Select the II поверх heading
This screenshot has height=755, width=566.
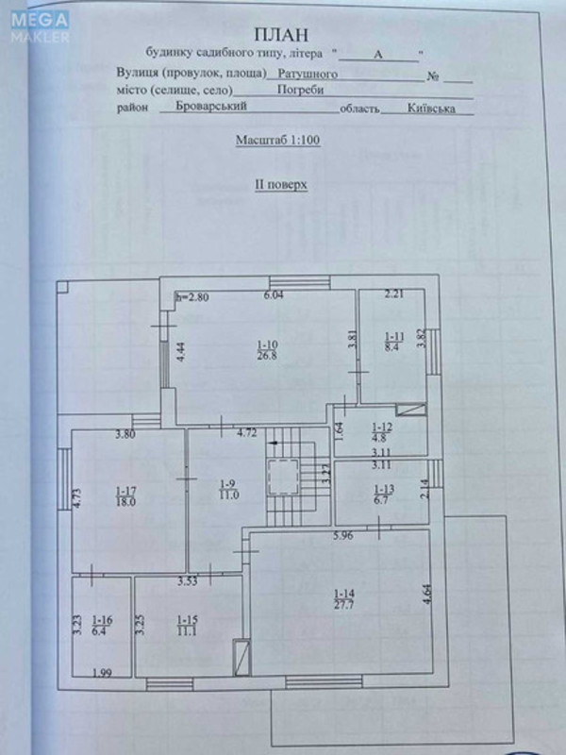tap(280, 186)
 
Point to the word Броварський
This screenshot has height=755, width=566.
tap(211, 108)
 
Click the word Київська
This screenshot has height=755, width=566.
tap(430, 109)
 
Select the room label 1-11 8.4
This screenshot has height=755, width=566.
tap(393, 342)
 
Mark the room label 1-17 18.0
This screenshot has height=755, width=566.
tap(127, 496)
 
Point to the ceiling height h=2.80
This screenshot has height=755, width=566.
tap(191, 297)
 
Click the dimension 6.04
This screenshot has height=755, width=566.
tap(274, 295)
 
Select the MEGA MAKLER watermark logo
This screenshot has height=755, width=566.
tap(41, 25)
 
